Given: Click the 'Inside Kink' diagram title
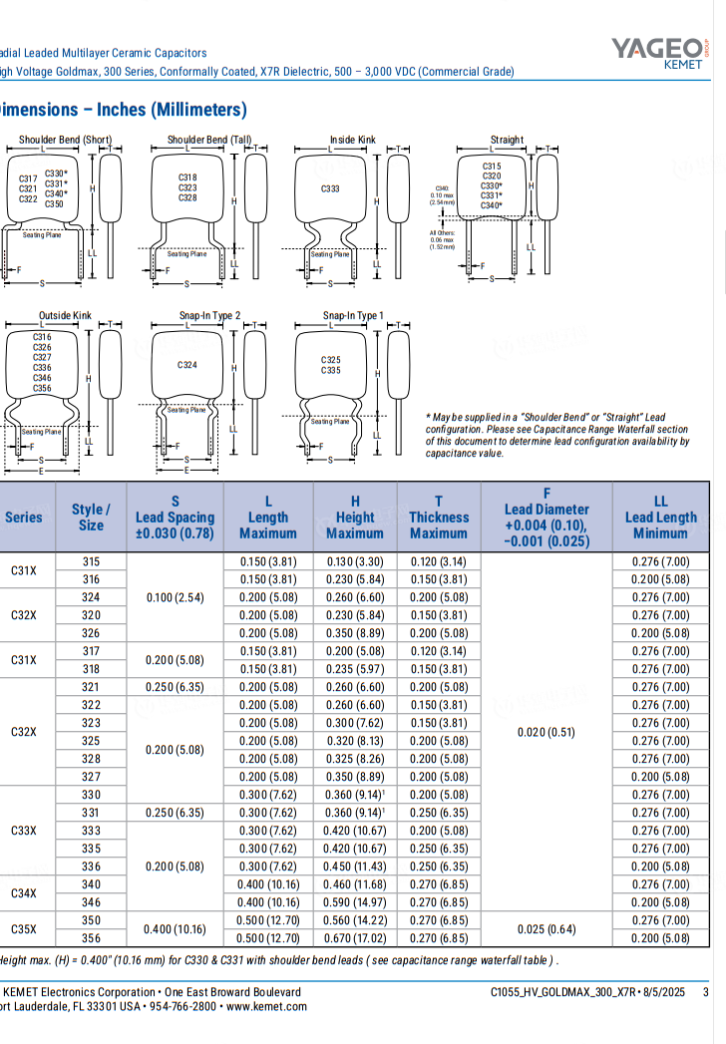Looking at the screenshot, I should [353, 140].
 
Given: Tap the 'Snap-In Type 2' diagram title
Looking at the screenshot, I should [209, 316].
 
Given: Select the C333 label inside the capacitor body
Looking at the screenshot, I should [330, 189].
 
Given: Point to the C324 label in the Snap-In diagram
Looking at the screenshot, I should [187, 365].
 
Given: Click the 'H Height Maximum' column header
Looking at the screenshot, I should [355, 518].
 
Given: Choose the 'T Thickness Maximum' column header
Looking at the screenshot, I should [438, 518].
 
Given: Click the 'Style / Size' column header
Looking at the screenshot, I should [91, 518].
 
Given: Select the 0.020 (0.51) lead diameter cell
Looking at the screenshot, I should [546, 732].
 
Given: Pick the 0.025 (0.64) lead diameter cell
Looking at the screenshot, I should [546, 929].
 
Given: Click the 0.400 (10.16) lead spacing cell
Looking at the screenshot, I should [175, 929].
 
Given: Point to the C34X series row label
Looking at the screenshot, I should [24, 893].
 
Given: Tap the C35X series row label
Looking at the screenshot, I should [24, 929].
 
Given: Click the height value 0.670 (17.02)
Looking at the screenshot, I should [355, 938].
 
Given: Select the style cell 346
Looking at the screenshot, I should [91, 902].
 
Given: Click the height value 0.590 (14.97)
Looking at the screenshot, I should [355, 902].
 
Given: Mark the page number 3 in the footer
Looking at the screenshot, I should [706, 992].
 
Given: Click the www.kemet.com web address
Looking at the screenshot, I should [265, 1007].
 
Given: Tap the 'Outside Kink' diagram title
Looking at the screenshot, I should [65, 316].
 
